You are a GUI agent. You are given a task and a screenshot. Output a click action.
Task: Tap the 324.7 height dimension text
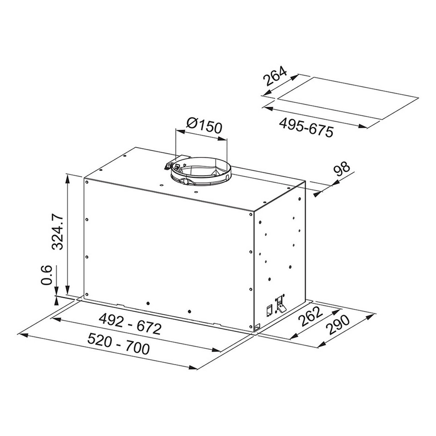(57, 231)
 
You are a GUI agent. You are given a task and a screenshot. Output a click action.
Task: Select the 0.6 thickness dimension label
(47, 275)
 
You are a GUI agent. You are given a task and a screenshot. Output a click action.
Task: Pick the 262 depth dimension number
(310, 316)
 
